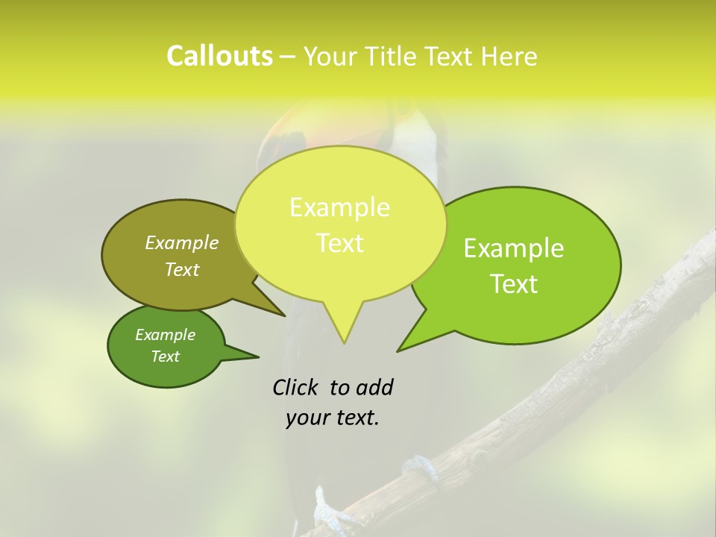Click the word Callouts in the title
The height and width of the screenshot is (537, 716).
click(219, 56)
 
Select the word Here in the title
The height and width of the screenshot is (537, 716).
click(508, 57)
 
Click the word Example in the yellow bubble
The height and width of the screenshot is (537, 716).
click(339, 207)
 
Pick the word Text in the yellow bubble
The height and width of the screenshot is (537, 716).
click(339, 243)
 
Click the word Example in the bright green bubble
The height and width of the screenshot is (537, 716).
click(514, 248)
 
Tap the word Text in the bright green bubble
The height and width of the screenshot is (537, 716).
click(515, 284)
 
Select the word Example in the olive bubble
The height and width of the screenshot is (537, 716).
click(182, 242)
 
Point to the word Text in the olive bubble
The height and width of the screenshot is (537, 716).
click(182, 270)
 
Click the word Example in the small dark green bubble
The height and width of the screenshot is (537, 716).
click(165, 335)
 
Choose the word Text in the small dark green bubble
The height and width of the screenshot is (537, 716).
click(165, 357)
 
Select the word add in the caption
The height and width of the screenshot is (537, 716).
click(374, 387)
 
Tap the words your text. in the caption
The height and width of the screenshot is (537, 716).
click(333, 418)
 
